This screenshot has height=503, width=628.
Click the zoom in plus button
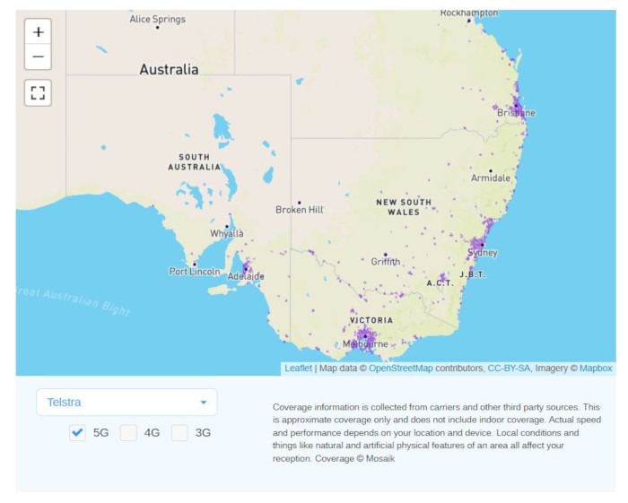coord(38,31)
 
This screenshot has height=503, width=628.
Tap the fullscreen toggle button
coord(38,92)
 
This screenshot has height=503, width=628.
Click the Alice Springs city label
coord(157,19)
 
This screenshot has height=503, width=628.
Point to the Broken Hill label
coord(299,210)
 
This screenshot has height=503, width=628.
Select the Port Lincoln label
coord(194,271)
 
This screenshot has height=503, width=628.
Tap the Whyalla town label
coord(226,233)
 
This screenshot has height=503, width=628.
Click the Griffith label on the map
coord(386,262)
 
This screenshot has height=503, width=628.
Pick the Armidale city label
coord(490,178)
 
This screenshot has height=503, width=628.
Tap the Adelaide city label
coord(245,276)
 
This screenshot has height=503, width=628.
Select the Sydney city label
coord(482,253)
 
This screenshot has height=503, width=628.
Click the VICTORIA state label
coord(371,320)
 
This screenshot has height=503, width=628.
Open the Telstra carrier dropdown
coord(126,403)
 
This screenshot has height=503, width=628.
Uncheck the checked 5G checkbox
coord(78,432)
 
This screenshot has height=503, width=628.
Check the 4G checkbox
coord(129,432)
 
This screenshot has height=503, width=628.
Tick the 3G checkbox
coord(180,432)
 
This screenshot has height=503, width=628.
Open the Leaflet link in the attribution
coord(298,368)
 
